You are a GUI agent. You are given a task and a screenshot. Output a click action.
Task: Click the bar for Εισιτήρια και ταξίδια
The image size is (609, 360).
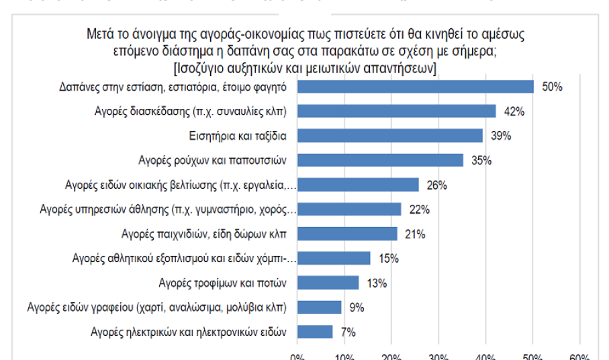click(389, 136)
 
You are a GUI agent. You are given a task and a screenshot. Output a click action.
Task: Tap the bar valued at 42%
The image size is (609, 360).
click(396, 111)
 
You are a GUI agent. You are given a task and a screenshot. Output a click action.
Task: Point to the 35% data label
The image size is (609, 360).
click(481, 161)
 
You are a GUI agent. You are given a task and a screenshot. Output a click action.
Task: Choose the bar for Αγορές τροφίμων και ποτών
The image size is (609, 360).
click(328, 283)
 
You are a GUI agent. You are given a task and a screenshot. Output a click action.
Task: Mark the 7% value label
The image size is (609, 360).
click(348, 332)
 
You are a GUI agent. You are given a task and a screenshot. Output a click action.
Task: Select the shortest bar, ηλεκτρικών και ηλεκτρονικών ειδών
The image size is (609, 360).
click(314, 332)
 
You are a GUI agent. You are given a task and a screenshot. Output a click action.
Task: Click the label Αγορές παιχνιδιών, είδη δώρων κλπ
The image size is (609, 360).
click(204, 234)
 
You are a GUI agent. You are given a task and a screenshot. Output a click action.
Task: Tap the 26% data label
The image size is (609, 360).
click(437, 185)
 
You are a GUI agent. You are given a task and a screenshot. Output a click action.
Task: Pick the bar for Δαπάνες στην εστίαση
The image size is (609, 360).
click(415, 87)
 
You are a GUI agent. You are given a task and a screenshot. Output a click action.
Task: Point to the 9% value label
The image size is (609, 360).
click(357, 308)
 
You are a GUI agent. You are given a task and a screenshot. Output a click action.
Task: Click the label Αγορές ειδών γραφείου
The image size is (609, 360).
click(157, 308)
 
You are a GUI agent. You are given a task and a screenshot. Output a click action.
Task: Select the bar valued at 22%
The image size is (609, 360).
click(348, 210)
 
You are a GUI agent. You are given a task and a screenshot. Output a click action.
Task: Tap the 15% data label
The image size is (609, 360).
click(389, 259)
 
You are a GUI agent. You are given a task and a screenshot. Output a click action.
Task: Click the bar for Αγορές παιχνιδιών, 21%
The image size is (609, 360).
click(346, 234)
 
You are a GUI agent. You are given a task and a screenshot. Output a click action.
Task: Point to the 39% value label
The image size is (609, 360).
click(501, 136)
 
